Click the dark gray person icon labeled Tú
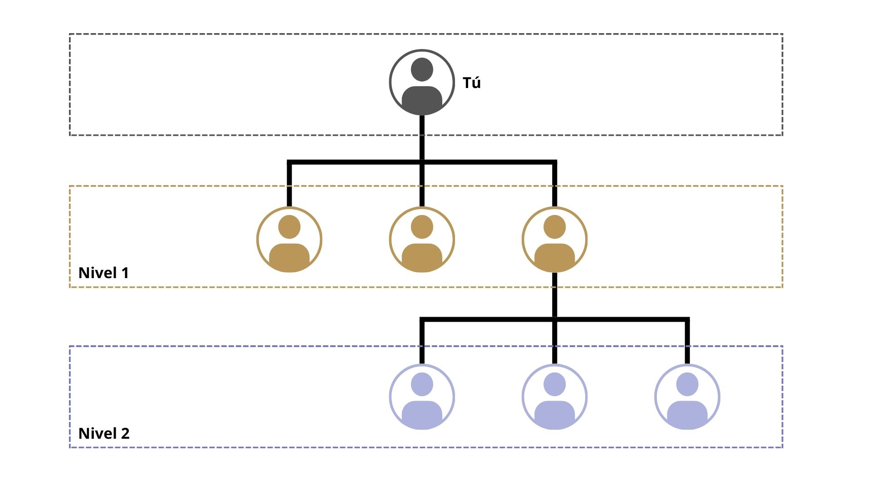coord(422,83)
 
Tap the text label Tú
coord(471,83)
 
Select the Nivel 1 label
coord(103,273)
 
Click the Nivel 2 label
coord(104,433)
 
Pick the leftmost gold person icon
coord(289,240)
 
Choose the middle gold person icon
coord(422,240)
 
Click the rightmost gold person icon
coord(554,240)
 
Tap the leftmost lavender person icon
coord(422,397)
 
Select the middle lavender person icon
coord(554,397)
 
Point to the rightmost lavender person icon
coord(687,397)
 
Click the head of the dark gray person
coord(422,69)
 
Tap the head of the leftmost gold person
coord(289,226)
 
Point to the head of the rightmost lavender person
coord(687,384)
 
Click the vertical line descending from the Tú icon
coord(422,136)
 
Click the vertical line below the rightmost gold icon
coord(554,295)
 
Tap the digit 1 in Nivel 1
coord(125,273)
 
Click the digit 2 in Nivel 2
coord(125,433)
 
